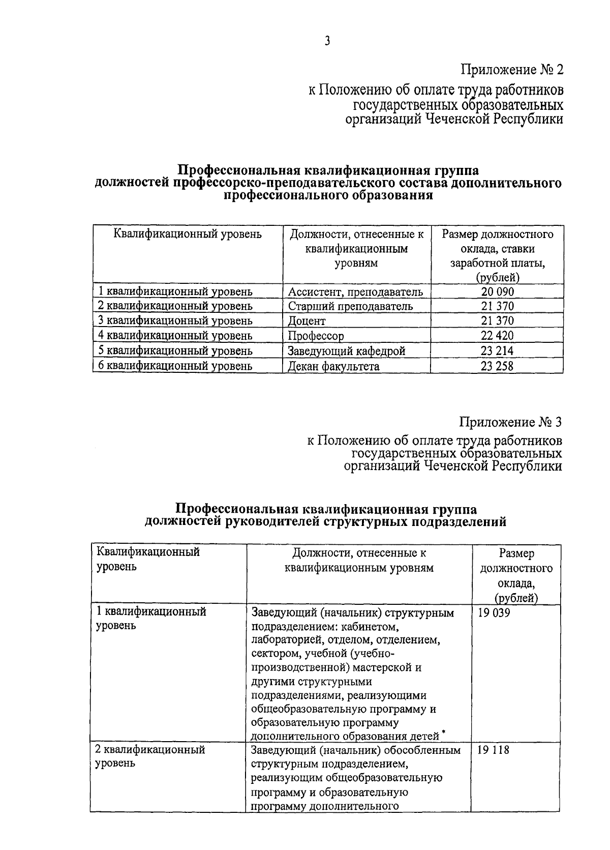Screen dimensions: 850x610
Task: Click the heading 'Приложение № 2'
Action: click(x=512, y=69)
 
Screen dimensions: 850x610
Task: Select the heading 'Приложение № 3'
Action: click(x=511, y=422)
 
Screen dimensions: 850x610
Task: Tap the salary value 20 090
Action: click(x=497, y=291)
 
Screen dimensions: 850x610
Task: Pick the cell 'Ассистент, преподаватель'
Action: click(x=355, y=291)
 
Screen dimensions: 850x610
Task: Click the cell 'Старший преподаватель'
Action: click(x=350, y=306)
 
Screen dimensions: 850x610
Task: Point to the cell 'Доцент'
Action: click(x=307, y=321)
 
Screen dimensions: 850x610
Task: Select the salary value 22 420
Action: click(x=497, y=336)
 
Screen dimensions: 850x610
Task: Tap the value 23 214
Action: click(x=497, y=351)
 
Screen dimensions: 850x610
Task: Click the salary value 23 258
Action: click(x=497, y=366)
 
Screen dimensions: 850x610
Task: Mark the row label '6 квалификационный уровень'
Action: click(x=175, y=366)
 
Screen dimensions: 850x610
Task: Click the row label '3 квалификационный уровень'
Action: click(x=175, y=321)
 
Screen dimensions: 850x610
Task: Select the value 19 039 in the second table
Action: click(x=494, y=613)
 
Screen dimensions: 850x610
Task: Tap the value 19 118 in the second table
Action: click(x=494, y=750)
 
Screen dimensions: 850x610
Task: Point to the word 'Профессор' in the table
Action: click(x=316, y=336)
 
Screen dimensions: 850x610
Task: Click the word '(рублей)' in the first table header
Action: click(x=497, y=278)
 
